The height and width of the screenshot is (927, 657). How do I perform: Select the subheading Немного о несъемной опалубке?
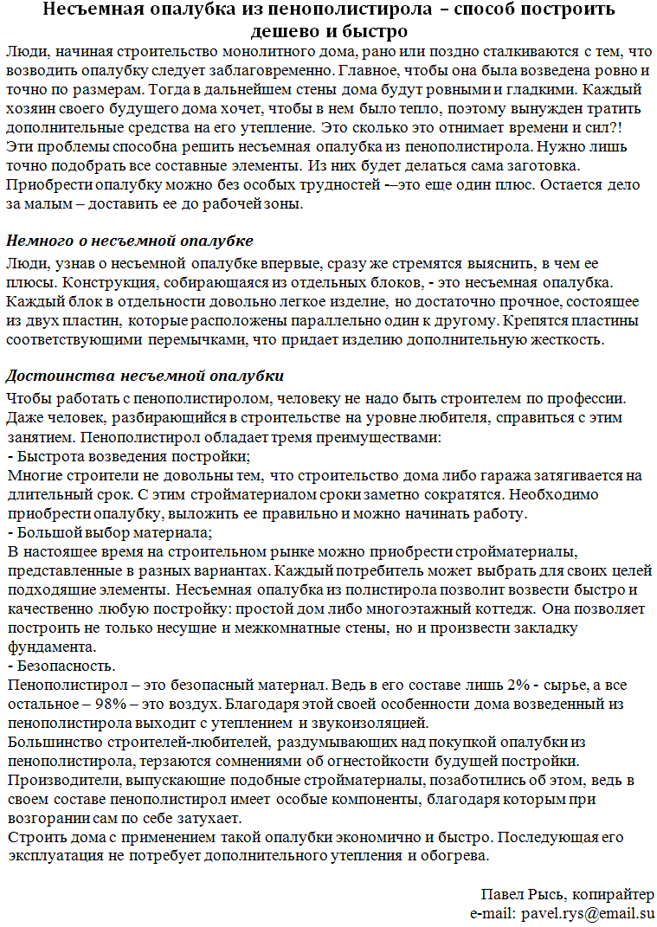tap(130, 240)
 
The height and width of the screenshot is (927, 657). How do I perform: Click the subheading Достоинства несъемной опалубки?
tap(145, 377)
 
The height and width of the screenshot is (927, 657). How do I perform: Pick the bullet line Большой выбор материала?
tap(111, 534)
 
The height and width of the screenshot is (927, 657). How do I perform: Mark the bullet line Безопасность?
tap(61, 666)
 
